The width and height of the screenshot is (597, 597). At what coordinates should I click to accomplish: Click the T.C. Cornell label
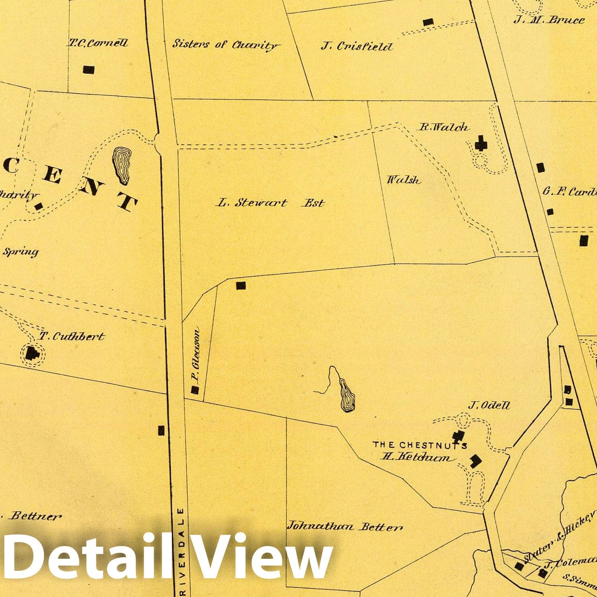coord(98,43)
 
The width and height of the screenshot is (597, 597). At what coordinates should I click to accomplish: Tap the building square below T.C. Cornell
coord(89,70)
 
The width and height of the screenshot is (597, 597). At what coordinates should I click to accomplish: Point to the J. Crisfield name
coord(357,47)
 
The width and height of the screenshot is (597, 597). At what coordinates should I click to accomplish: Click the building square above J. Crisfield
coord(429,22)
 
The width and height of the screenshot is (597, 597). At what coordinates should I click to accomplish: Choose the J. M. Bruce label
coord(549,20)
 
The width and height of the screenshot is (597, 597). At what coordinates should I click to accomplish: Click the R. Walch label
coord(444,127)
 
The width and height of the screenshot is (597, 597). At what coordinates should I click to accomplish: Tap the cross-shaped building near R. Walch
coord(481,145)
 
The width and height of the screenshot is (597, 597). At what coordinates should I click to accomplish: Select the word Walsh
coord(404,180)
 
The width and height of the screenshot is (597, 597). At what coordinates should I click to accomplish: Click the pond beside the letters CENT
coord(122,165)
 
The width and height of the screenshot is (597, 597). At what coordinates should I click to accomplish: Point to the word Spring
coord(21,252)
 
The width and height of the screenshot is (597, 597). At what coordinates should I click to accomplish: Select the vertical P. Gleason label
coord(196,354)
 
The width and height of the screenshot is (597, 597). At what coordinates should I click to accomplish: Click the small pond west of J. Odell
coord(347,396)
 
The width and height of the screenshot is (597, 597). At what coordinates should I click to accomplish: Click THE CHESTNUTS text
coord(420,445)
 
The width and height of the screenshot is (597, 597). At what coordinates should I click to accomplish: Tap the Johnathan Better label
coord(345,527)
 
